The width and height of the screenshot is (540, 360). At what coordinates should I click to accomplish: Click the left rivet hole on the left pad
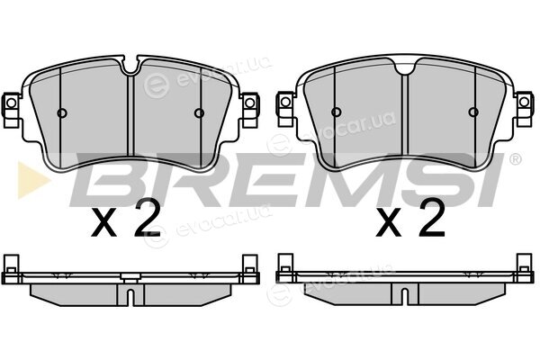(62, 113)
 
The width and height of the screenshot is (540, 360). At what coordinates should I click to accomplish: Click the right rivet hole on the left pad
(199, 113)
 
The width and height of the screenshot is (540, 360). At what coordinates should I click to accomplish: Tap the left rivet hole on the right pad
(336, 112)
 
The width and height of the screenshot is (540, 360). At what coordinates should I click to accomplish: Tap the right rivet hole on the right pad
(473, 112)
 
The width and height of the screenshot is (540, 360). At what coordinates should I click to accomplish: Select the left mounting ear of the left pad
(11, 106)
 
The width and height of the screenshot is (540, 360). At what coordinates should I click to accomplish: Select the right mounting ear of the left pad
(250, 106)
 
